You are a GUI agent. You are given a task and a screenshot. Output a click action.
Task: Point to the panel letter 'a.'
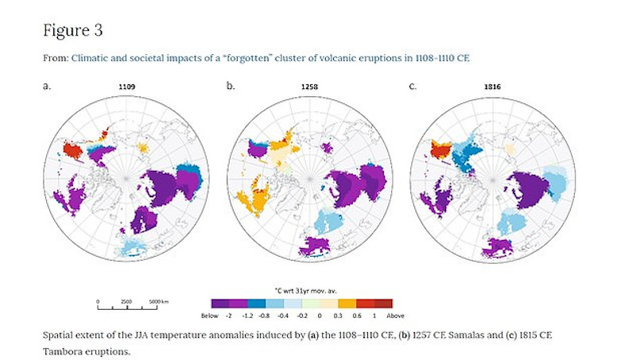(x=47, y=83)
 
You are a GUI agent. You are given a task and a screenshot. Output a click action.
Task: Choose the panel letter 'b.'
(x=231, y=83)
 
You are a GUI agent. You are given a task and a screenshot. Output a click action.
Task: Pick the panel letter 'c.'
(x=413, y=83)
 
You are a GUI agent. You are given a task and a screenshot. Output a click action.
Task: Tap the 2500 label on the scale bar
(x=125, y=301)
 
